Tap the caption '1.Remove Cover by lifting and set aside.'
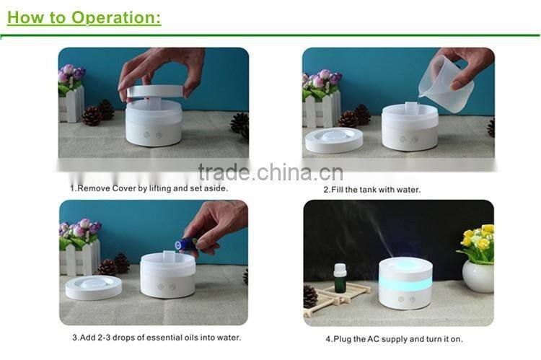click(x=149, y=188)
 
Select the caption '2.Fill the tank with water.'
click(x=371, y=189)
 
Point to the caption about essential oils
click(x=156, y=337)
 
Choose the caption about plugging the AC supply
click(x=393, y=338)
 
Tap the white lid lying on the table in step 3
click(x=94, y=287)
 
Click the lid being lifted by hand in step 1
click(x=154, y=92)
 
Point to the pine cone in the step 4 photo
click(x=311, y=296)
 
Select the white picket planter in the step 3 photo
click(x=80, y=257)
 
